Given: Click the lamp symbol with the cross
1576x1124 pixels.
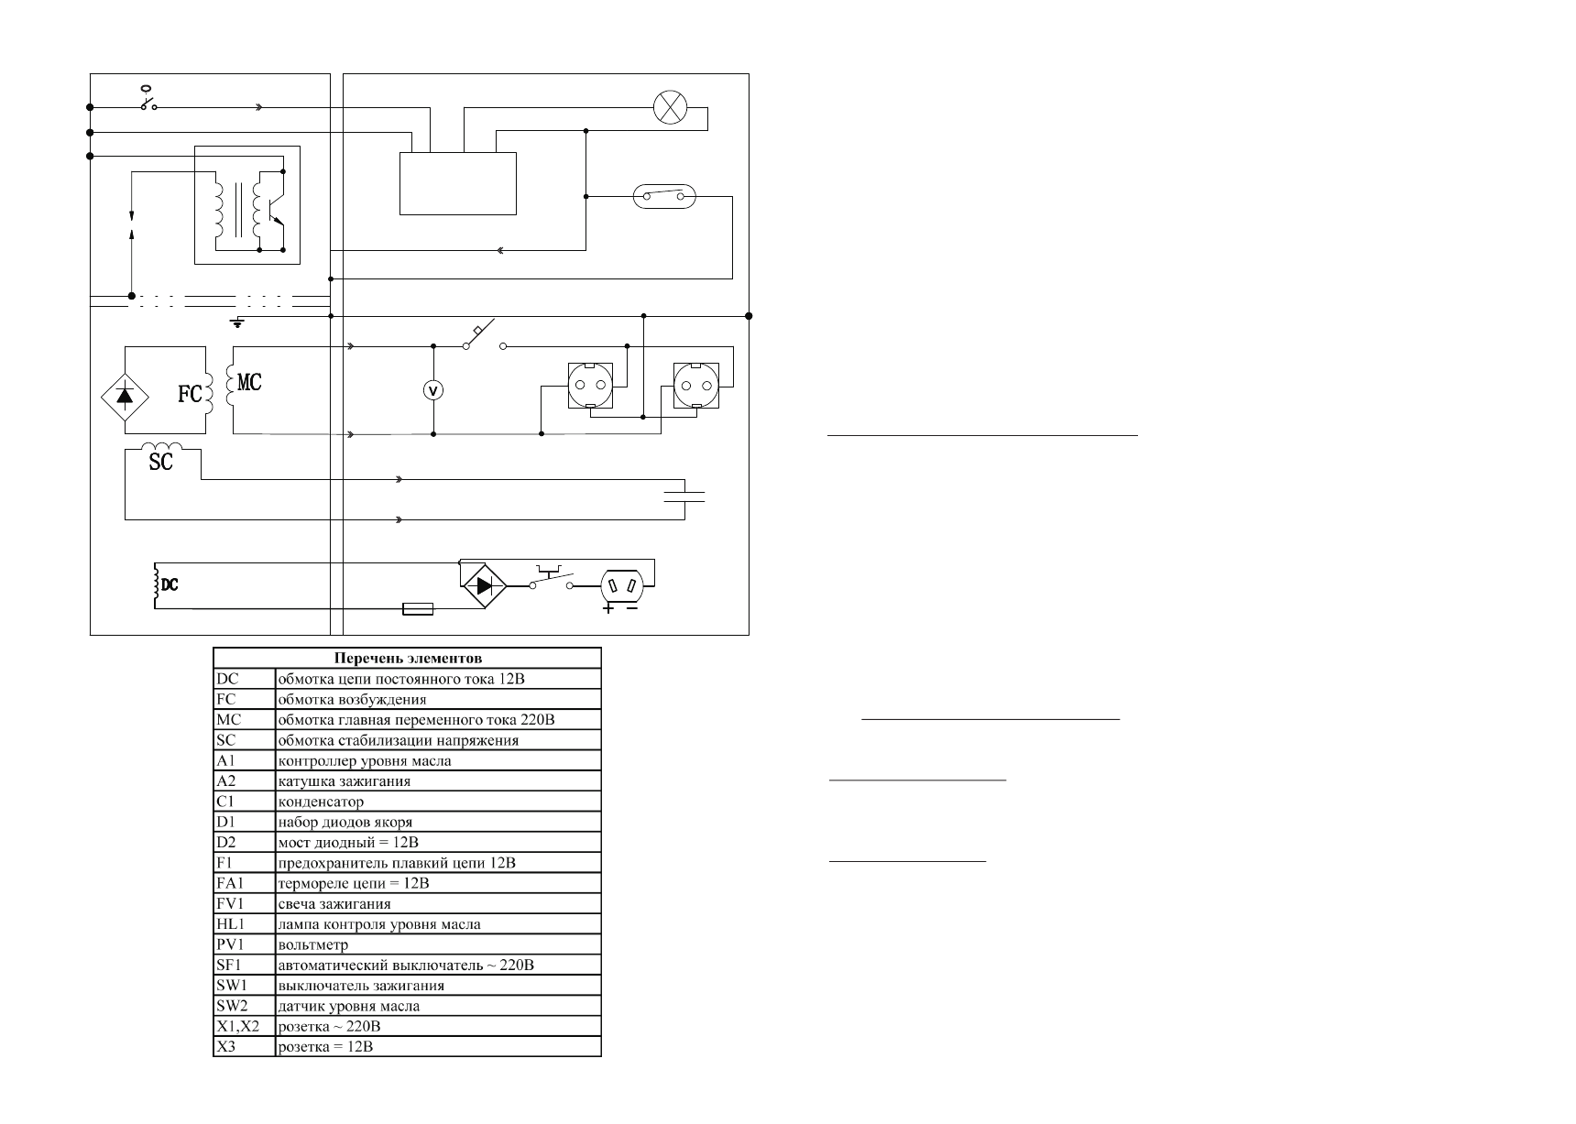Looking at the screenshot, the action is tap(671, 108).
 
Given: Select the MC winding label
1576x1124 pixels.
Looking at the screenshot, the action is tap(249, 382).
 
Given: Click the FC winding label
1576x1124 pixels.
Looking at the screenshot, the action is tap(190, 395).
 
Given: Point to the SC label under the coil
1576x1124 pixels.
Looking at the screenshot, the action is tap(160, 463).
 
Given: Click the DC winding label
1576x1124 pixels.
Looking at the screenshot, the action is tap(170, 584).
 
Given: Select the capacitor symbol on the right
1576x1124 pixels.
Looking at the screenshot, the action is tap(684, 497).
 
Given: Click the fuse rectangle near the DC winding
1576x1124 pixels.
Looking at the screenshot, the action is tap(418, 608).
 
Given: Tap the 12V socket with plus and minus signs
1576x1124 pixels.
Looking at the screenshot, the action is tap(628, 584).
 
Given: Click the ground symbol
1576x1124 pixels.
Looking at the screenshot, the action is tap(237, 322).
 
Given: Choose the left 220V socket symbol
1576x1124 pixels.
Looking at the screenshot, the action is tap(590, 384).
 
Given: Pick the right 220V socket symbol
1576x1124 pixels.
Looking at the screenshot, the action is tap(695, 384).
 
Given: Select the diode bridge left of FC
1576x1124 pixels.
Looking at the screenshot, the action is tap(125, 395).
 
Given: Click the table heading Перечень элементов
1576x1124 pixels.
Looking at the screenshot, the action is tap(408, 658).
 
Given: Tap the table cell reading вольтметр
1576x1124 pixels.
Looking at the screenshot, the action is tap(312, 944).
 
